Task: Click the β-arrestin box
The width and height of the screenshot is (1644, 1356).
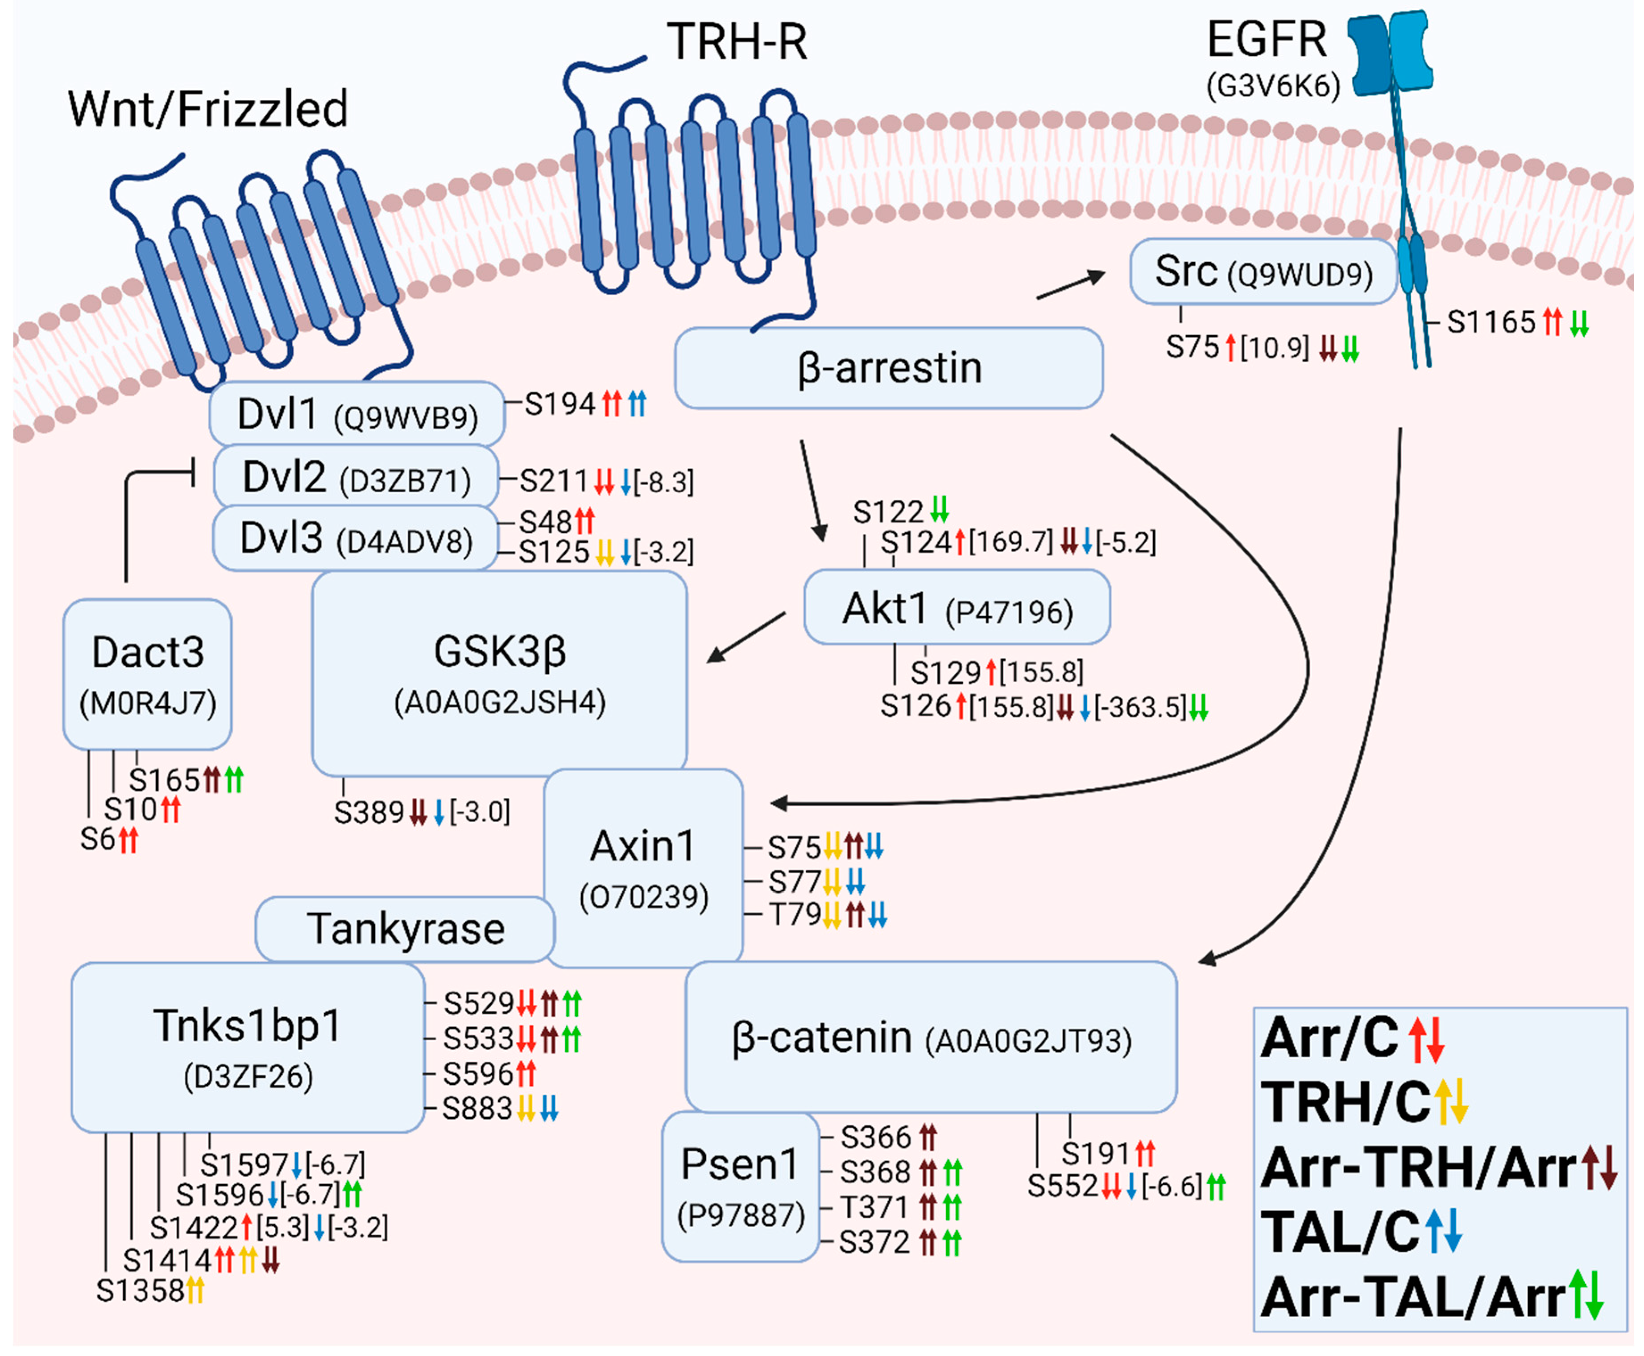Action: (x=888, y=368)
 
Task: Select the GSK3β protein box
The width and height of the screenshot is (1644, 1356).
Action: (x=499, y=672)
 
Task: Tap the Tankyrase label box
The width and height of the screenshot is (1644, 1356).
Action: (x=405, y=929)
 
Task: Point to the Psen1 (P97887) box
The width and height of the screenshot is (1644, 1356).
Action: (x=740, y=1186)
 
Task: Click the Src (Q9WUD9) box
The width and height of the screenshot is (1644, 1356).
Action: (x=1262, y=272)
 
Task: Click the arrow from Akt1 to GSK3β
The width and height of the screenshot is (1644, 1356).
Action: (x=746, y=637)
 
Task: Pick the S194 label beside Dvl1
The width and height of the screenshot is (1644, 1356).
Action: (x=559, y=404)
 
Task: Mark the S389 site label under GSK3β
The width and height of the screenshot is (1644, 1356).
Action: (x=369, y=812)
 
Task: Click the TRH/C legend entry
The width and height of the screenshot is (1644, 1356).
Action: (x=1346, y=1102)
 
